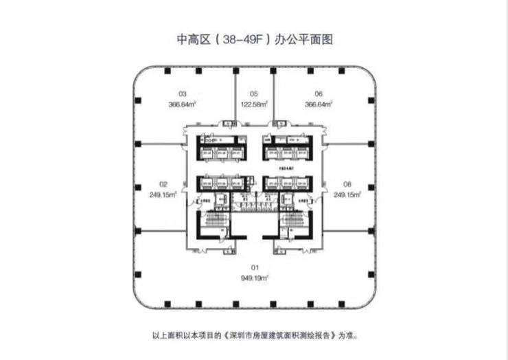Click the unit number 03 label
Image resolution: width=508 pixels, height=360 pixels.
(183, 93)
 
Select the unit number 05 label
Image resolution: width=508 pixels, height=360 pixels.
(253, 93)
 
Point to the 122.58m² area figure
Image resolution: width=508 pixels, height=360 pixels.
(253, 104)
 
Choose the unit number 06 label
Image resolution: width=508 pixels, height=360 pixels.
(319, 93)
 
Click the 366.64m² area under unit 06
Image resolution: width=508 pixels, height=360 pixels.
(319, 104)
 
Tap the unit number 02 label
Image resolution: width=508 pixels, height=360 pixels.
(163, 184)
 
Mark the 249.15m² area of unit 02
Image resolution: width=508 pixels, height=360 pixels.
(164, 195)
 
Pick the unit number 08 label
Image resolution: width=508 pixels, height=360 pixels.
(347, 184)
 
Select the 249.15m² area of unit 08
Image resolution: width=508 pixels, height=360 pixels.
(347, 195)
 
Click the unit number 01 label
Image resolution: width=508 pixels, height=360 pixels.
(253, 267)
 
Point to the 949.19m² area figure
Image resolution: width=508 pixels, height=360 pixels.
(253, 278)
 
